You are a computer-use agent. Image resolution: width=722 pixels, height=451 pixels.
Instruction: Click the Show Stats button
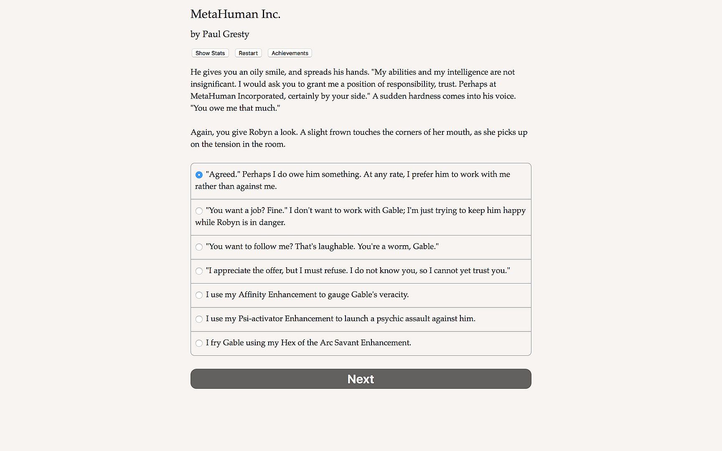[x=210, y=53]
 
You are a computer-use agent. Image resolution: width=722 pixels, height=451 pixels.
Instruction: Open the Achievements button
[x=290, y=53]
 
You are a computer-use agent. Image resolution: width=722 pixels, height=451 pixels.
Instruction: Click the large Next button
[x=361, y=379]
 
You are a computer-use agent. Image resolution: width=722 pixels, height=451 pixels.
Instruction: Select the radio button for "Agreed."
[x=199, y=175]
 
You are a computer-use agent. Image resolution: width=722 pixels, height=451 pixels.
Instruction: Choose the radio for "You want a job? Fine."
[x=199, y=211]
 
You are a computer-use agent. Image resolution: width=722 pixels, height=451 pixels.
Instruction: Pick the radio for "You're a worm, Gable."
[x=199, y=247]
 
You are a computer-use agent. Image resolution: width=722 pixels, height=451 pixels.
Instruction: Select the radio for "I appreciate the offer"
[x=199, y=271]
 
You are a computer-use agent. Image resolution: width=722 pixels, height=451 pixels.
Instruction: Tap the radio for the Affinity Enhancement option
[x=199, y=295]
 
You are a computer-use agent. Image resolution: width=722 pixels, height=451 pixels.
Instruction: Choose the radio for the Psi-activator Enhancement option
[x=199, y=319]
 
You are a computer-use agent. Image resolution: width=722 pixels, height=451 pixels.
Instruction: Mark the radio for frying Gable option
[x=199, y=343]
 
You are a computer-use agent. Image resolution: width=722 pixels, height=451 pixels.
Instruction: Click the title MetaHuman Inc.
[x=235, y=14]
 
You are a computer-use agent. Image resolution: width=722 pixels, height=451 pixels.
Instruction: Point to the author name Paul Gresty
[x=226, y=34]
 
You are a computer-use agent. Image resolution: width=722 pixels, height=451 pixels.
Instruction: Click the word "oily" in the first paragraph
[x=257, y=72]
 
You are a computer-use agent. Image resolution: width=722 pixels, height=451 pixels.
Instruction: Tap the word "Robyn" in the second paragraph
[x=260, y=132]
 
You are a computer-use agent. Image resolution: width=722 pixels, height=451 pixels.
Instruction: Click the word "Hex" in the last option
[x=288, y=343]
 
